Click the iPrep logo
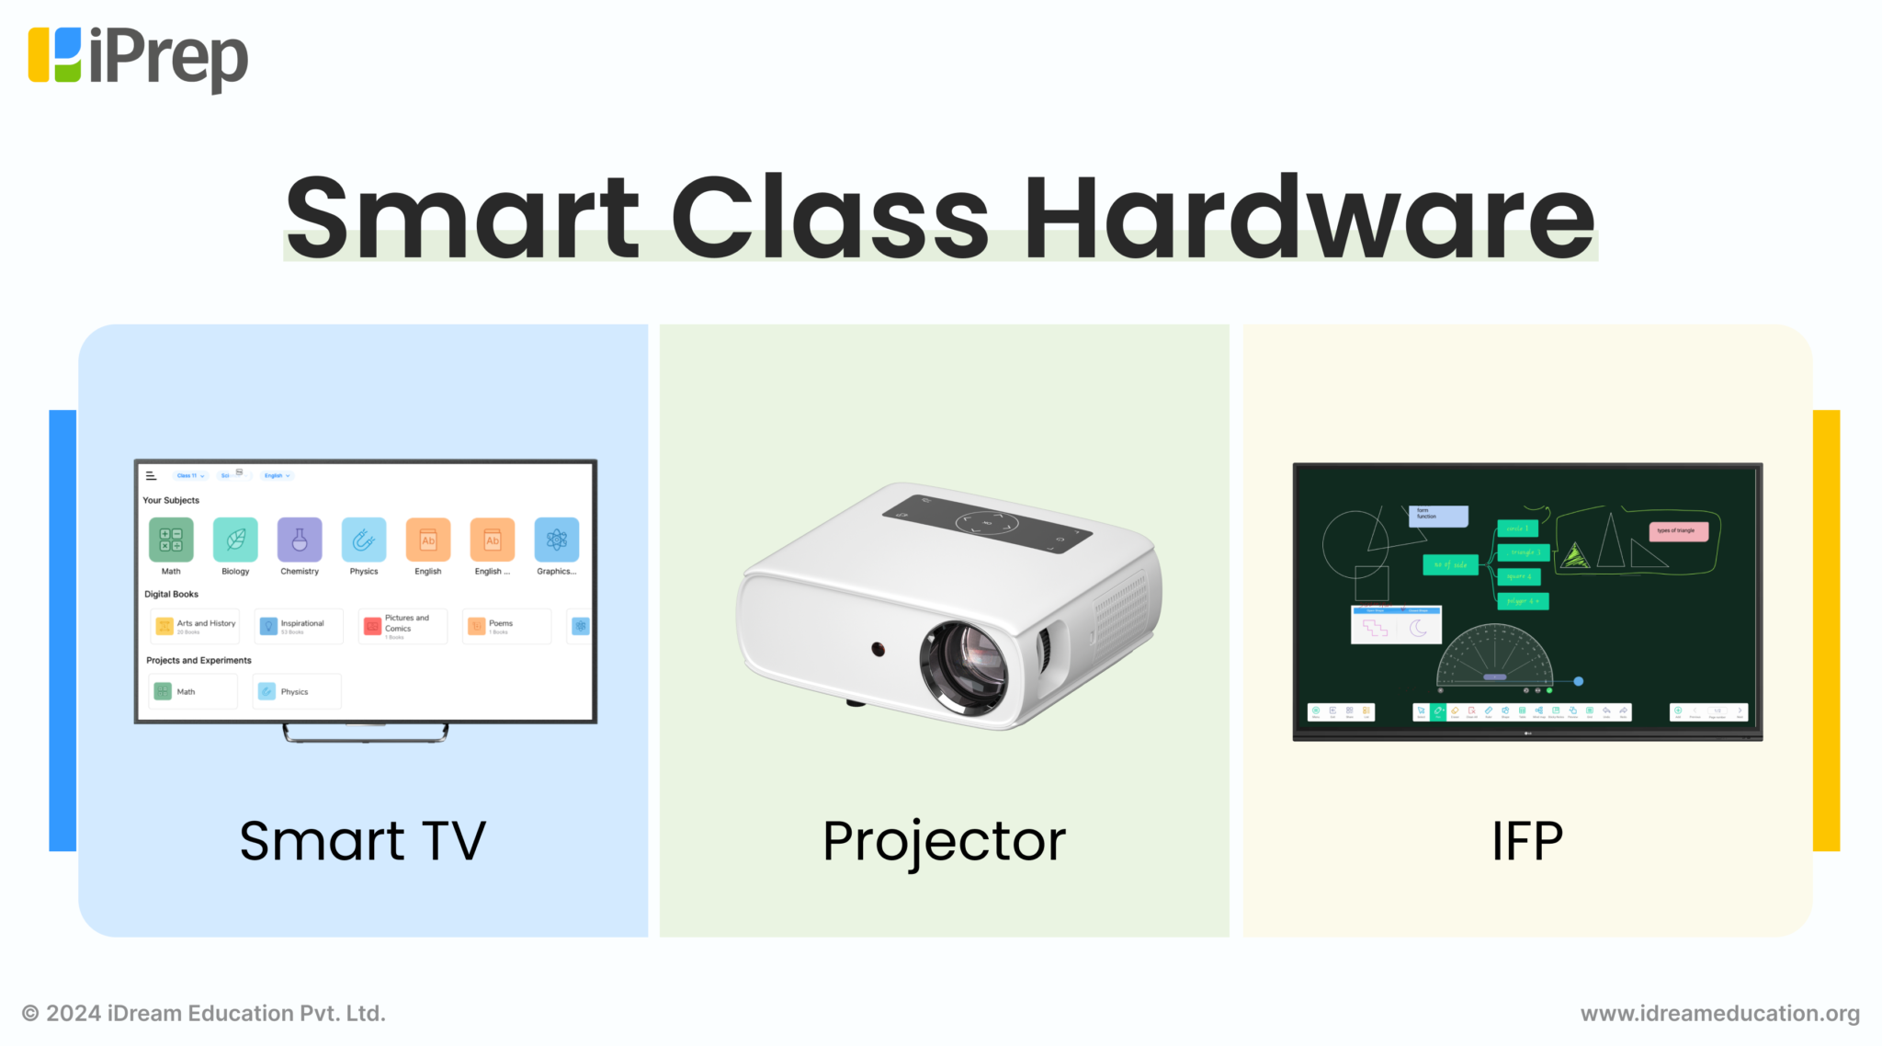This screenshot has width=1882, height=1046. tap(138, 57)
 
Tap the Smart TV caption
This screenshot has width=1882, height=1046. tap(362, 840)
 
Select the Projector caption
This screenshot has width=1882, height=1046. tap(944, 841)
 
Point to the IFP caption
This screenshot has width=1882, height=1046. tap(1526, 841)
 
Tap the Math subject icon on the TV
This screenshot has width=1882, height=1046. tap(171, 540)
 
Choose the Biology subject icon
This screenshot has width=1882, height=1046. tap(235, 540)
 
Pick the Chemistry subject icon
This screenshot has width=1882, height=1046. tap(300, 540)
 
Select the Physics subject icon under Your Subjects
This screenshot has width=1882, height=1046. tap(364, 540)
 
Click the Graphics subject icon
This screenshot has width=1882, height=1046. tap(557, 540)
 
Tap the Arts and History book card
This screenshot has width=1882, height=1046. tap(195, 626)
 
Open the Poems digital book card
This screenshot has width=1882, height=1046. tap(506, 626)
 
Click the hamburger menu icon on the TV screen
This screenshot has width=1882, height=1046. tap(151, 476)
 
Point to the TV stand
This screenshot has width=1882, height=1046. tap(366, 733)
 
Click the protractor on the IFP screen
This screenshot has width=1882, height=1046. tap(1494, 657)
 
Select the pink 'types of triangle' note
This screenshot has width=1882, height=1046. tap(1678, 531)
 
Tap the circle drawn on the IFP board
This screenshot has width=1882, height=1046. tap(1354, 544)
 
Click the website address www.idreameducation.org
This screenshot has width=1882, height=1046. tap(1719, 1013)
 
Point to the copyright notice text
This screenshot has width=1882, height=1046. tap(203, 1013)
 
